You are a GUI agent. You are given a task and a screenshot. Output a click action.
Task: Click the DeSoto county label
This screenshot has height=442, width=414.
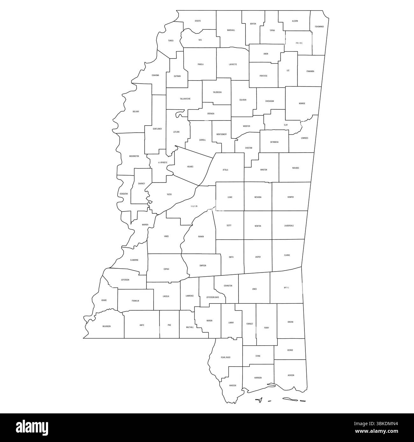198,21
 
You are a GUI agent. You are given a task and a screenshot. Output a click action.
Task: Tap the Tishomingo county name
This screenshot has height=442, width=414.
319,27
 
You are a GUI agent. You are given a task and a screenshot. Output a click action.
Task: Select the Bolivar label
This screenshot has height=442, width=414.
136,112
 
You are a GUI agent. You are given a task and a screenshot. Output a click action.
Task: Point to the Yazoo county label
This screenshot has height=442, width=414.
169,194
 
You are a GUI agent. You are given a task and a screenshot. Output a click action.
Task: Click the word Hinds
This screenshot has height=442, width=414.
166,237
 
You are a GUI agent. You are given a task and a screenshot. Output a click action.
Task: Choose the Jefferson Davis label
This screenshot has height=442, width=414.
213,298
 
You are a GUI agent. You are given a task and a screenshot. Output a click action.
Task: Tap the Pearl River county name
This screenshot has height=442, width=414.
225,357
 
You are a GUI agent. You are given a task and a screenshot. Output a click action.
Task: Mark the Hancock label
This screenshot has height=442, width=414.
232,385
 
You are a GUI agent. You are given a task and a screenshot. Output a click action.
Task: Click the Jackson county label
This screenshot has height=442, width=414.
291,375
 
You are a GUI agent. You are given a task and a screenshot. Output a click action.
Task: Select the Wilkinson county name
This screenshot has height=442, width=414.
107,326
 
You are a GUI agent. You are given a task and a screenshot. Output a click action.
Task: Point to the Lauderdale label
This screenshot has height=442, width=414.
289,226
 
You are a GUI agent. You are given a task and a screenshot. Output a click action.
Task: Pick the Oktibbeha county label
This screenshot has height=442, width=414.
274,142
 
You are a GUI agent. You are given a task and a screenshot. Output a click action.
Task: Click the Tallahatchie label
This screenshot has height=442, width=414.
185,99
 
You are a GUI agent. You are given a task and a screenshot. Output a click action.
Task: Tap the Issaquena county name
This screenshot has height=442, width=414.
124,193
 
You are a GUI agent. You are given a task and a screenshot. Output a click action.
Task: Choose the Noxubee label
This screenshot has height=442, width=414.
296,168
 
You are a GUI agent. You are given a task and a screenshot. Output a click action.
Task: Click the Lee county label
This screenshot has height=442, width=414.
288,70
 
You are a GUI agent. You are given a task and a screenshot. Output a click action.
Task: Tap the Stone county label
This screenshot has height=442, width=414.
258,356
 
